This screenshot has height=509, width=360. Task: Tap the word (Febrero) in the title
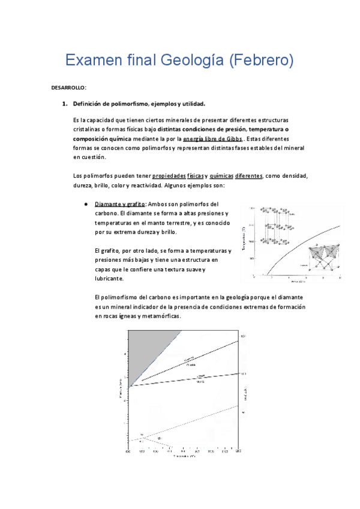pyautogui.click(x=262, y=61)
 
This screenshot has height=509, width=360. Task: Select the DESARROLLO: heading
pyautogui.click(x=69, y=88)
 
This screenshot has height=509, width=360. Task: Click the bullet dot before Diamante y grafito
pyautogui.click(x=88, y=204)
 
